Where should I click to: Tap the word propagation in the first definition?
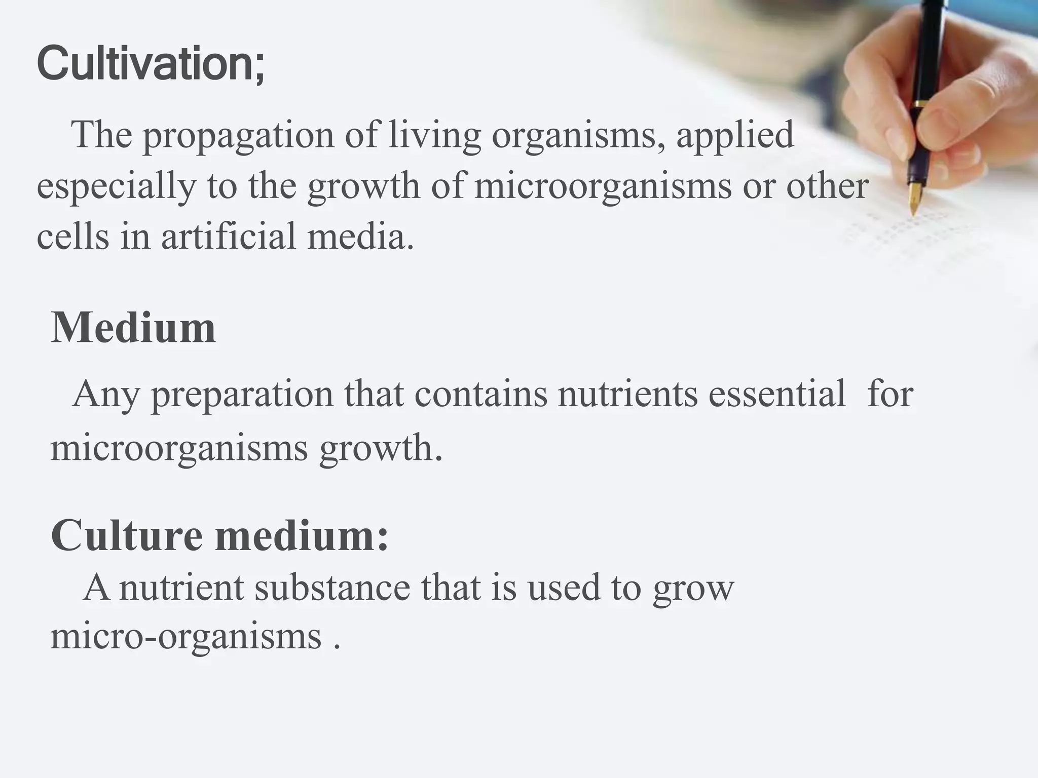click(238, 136)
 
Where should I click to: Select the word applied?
click(735, 136)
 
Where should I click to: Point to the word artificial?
click(229, 237)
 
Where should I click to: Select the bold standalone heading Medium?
click(133, 328)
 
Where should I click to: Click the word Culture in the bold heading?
click(126, 535)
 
